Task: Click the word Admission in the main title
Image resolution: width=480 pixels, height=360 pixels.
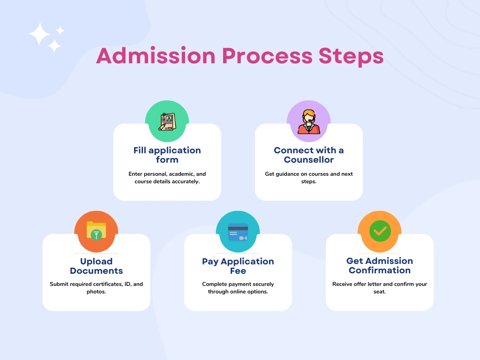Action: tap(156, 56)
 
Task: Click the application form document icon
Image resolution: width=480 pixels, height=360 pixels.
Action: tap(167, 122)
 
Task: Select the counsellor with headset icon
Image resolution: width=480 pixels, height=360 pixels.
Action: tap(308, 122)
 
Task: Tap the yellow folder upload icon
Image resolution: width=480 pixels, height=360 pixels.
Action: tap(96, 231)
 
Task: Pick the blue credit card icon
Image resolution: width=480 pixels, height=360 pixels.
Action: tap(238, 232)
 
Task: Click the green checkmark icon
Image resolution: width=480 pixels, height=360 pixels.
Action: tap(380, 231)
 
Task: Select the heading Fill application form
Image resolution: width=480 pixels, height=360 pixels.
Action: tap(167, 155)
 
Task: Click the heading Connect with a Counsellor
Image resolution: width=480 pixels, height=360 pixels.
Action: tap(308, 155)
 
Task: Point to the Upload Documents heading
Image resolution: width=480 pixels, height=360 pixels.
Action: tap(96, 266)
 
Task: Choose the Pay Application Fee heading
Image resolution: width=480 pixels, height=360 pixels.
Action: tap(238, 266)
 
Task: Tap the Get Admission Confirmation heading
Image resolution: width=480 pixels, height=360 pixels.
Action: tap(380, 265)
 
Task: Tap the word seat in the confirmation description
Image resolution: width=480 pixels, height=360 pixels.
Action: tap(380, 292)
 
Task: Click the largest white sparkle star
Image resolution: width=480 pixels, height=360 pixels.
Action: tap(39, 34)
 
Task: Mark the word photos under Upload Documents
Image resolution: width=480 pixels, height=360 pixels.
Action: tap(96, 292)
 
